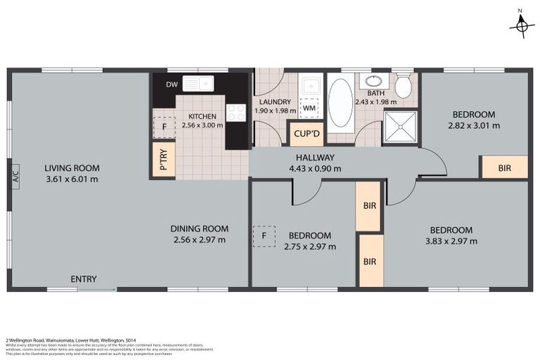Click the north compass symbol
pyautogui.click(x=520, y=25)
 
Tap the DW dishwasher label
pyautogui.click(x=172, y=85)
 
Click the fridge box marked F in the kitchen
pyautogui.click(x=164, y=127)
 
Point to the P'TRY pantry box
pyautogui.click(x=163, y=159)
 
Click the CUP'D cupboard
pyautogui.click(x=306, y=134)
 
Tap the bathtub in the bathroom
pyautogui.click(x=341, y=103)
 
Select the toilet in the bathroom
pyautogui.click(x=403, y=86)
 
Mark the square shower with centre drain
pyautogui.click(x=399, y=127)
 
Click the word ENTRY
pyautogui.click(x=83, y=279)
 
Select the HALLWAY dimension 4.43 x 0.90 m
pyautogui.click(x=314, y=168)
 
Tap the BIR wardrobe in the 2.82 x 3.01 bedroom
pyautogui.click(x=503, y=168)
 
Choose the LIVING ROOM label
pyautogui.click(x=72, y=168)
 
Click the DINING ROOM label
pyautogui.click(x=200, y=229)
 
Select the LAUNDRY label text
pyautogui.click(x=274, y=102)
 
